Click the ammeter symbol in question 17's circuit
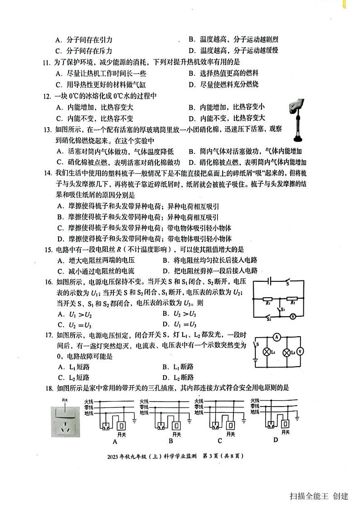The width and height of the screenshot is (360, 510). tap(276, 337)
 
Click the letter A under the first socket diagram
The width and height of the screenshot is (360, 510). tap(114, 441)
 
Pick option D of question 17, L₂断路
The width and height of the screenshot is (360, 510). tap(178, 378)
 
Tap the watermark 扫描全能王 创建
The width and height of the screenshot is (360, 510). tap(319, 496)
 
